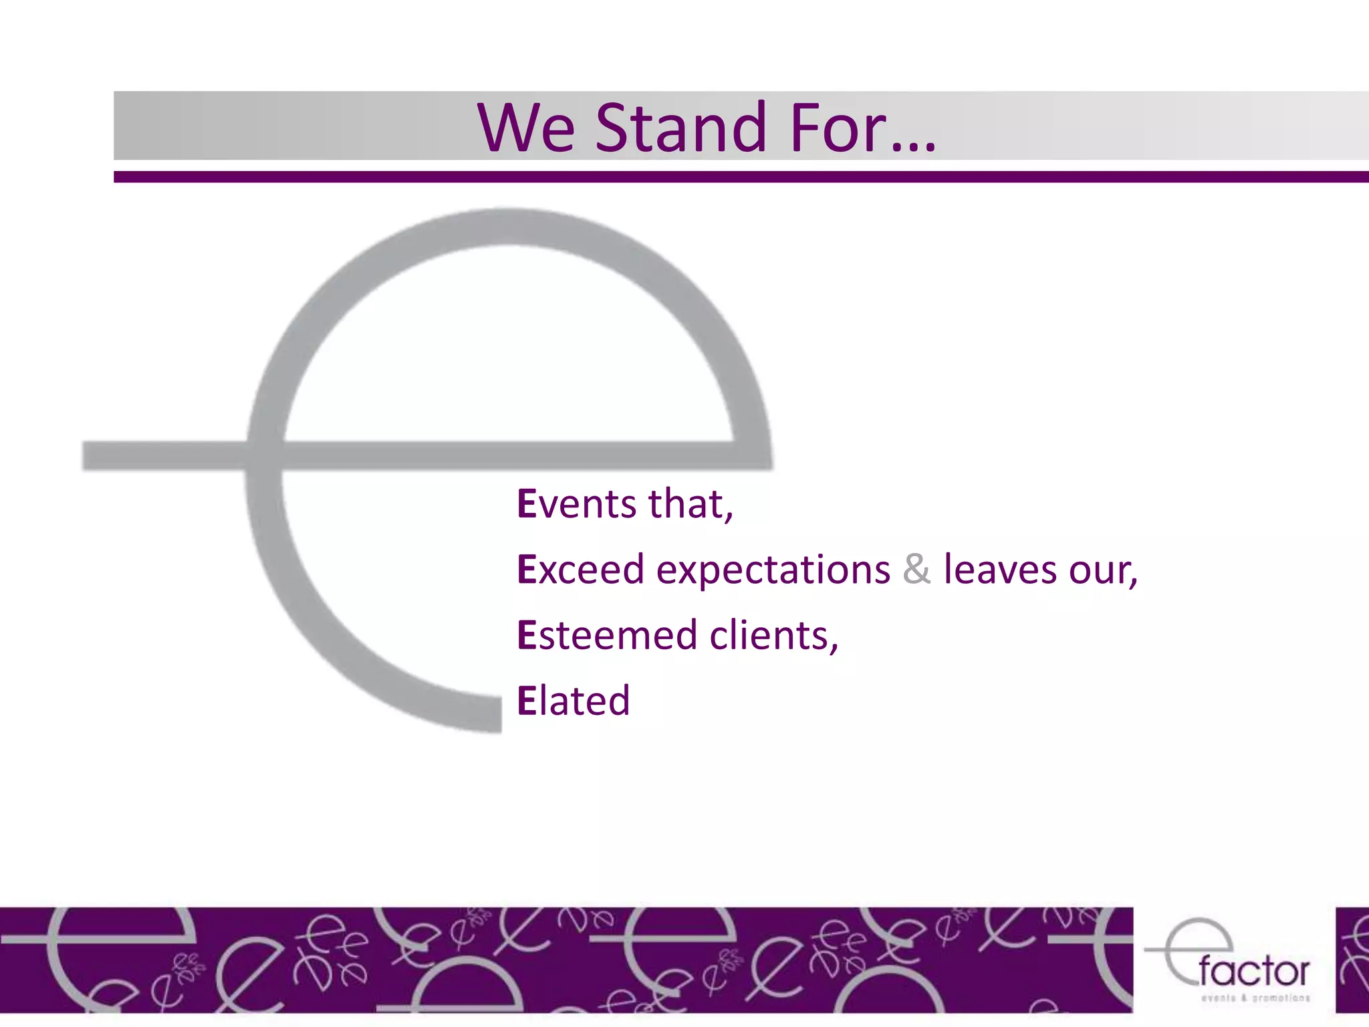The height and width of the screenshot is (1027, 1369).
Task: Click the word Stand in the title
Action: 680,128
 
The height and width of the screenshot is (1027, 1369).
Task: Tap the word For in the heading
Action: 838,128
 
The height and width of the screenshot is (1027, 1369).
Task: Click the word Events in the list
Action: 577,504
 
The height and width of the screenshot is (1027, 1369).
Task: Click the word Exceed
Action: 580,570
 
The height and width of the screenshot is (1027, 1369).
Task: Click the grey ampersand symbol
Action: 916,570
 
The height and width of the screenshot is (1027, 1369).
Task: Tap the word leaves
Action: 1000,570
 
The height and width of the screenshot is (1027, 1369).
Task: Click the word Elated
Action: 573,701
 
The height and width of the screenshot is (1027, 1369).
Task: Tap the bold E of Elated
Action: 527,701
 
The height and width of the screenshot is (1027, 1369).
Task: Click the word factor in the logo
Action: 1254,972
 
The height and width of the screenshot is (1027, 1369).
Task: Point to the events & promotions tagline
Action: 1255,998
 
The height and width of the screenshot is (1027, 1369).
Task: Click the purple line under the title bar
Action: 735,177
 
